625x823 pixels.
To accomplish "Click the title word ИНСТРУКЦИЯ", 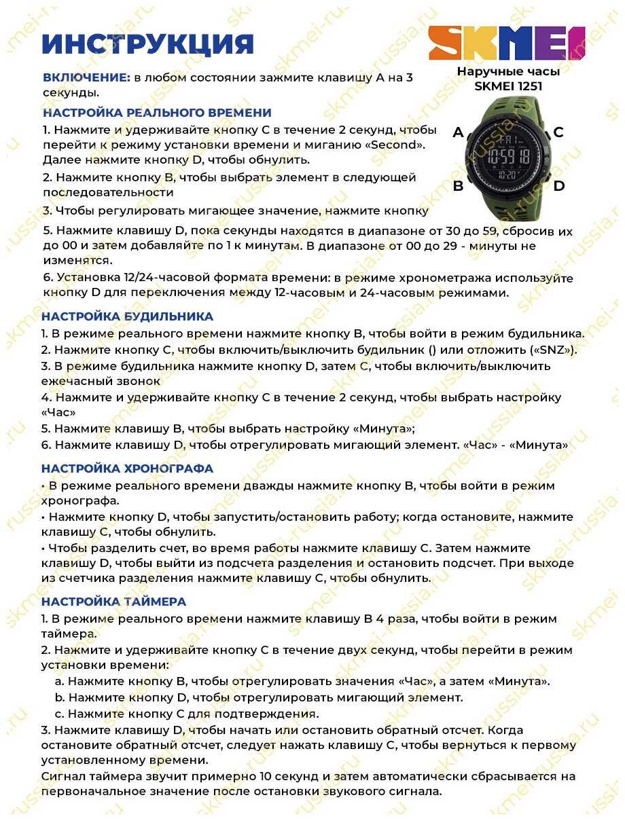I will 148,45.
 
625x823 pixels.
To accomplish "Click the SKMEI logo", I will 507,43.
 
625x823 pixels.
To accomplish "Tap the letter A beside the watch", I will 459,132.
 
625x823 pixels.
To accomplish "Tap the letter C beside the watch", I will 558,132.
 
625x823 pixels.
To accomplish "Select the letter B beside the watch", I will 459,185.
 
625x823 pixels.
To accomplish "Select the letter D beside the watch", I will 558,185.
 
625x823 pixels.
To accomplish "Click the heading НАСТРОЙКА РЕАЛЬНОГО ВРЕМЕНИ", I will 157,113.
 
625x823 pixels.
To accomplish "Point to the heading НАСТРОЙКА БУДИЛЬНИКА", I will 127,316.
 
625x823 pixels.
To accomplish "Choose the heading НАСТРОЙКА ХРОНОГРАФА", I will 127,469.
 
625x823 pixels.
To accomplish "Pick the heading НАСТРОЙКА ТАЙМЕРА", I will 113,602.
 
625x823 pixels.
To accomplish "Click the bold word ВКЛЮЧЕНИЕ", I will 86,77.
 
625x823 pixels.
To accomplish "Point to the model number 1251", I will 528,86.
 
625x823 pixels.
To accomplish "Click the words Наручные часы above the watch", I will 508,71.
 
